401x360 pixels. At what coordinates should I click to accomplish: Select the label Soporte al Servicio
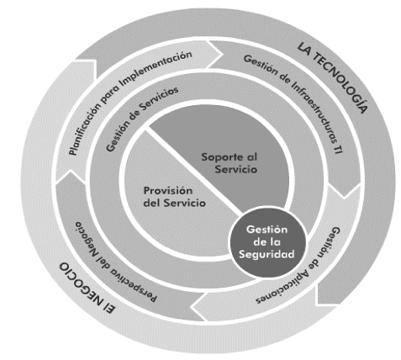point(230,163)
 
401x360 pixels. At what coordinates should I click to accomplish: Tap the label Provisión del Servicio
point(175,197)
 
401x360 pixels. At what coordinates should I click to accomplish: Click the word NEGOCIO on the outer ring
point(83,285)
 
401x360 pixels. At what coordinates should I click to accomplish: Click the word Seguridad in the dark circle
point(266,255)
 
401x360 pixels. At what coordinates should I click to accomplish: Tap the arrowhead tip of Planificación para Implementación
point(223,54)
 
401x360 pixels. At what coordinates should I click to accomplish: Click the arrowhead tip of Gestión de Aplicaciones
point(193,306)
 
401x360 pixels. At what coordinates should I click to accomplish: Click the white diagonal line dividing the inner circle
point(194,170)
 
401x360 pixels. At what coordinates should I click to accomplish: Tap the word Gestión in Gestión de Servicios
point(115,136)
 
